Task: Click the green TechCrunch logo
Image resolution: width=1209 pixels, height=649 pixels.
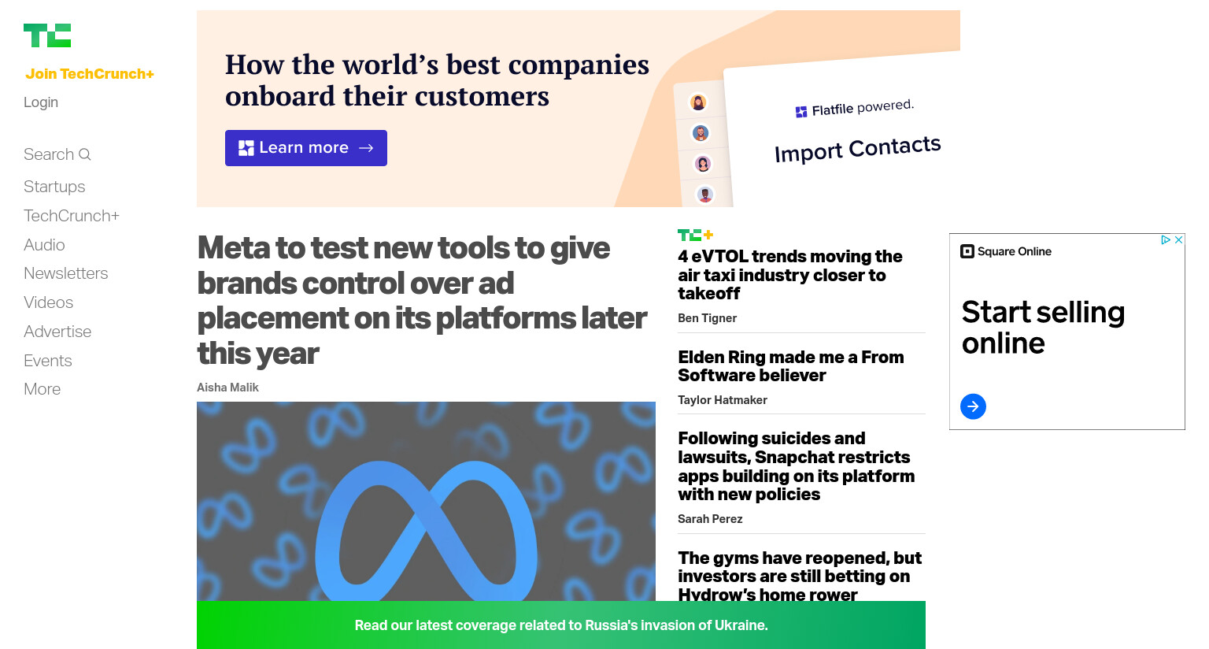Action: pos(47,35)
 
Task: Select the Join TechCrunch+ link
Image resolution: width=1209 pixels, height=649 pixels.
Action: pos(90,74)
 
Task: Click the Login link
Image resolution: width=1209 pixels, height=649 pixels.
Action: pos(41,102)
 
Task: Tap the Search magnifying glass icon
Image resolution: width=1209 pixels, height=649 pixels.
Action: pos(85,154)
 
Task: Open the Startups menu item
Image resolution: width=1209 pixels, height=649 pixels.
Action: pos(54,187)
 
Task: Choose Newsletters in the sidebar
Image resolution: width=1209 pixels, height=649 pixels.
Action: pos(66,273)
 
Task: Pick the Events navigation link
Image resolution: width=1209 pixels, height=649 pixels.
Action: pos(48,361)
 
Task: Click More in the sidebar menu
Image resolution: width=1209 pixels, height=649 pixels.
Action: pos(42,389)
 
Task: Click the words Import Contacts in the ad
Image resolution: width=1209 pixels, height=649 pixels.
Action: pos(858,149)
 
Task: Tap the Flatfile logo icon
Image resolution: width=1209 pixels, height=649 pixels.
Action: pos(801,112)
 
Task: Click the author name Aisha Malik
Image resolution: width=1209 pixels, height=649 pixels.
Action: pos(227,388)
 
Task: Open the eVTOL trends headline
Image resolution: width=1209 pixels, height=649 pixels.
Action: pos(790,275)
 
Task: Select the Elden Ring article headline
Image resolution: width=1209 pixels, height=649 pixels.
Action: pos(791,366)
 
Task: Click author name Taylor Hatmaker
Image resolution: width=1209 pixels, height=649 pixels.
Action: pos(723,400)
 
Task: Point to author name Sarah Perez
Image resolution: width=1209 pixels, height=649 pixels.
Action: pos(710,519)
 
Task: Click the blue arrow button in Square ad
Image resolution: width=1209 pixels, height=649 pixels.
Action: pos(973,406)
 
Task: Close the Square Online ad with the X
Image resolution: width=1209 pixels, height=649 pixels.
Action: pos(1179,239)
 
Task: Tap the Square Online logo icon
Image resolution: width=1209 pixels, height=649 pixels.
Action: pos(967,251)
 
